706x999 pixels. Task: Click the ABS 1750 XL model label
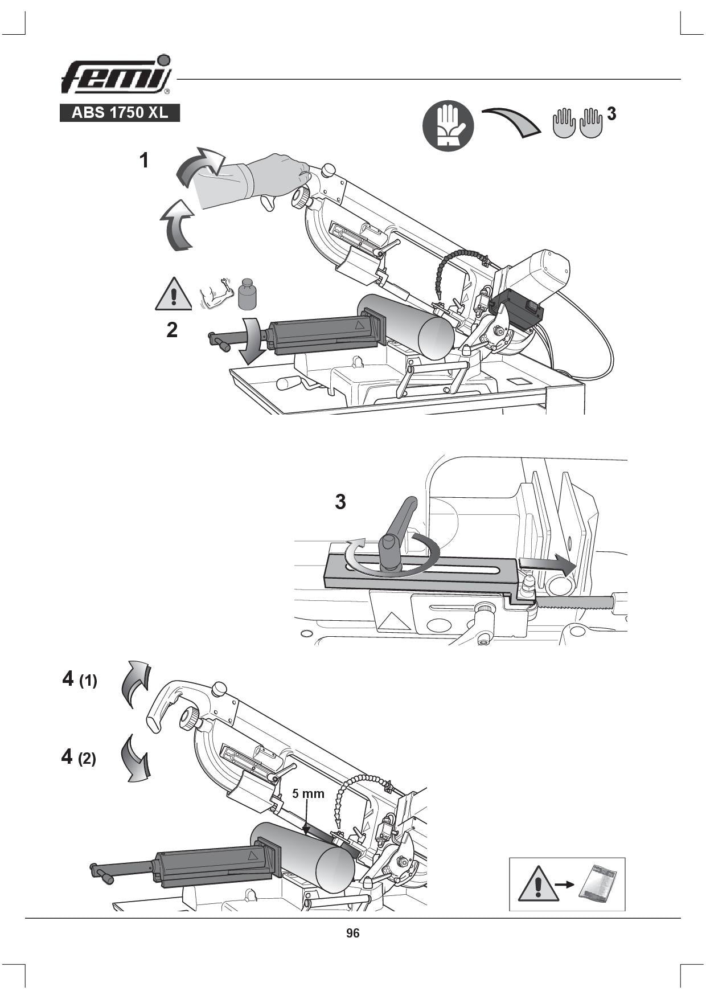(x=120, y=113)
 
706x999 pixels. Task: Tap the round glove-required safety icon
(x=448, y=126)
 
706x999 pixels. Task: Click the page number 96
(x=352, y=933)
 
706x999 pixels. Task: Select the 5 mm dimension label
(x=308, y=793)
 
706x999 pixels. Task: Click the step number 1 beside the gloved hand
(x=145, y=161)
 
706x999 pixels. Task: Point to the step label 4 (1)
(x=80, y=679)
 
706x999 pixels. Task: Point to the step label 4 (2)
(x=79, y=757)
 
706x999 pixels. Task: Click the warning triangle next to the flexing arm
(x=174, y=294)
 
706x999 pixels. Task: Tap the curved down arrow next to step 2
(x=249, y=341)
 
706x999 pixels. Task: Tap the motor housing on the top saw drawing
(x=541, y=273)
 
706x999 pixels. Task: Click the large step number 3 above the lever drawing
(x=340, y=502)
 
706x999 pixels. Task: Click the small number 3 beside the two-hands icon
(x=611, y=114)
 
